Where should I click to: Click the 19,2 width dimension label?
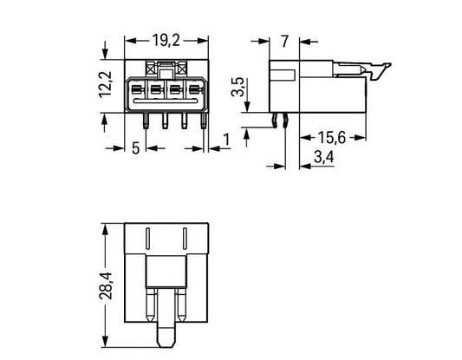pos(166,41)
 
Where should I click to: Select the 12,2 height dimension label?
pos(105,84)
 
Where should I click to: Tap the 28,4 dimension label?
pos(106,285)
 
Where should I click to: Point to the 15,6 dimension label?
pos(331,138)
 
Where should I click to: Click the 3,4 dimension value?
pos(324,157)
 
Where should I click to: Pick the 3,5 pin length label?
pos(238,87)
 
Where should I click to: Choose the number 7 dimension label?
pos(284,42)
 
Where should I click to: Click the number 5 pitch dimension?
pos(135,148)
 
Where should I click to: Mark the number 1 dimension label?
pos(226,140)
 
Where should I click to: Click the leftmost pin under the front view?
pos(146,121)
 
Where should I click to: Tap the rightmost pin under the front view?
pos(204,121)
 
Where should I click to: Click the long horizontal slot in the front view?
pos(166,101)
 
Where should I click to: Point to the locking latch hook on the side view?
pos(381,71)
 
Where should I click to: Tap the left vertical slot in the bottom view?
pos(148,239)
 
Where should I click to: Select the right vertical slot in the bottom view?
pos(185,239)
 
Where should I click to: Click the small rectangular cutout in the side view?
pos(283,75)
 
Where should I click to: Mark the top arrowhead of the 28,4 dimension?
pos(105,229)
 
